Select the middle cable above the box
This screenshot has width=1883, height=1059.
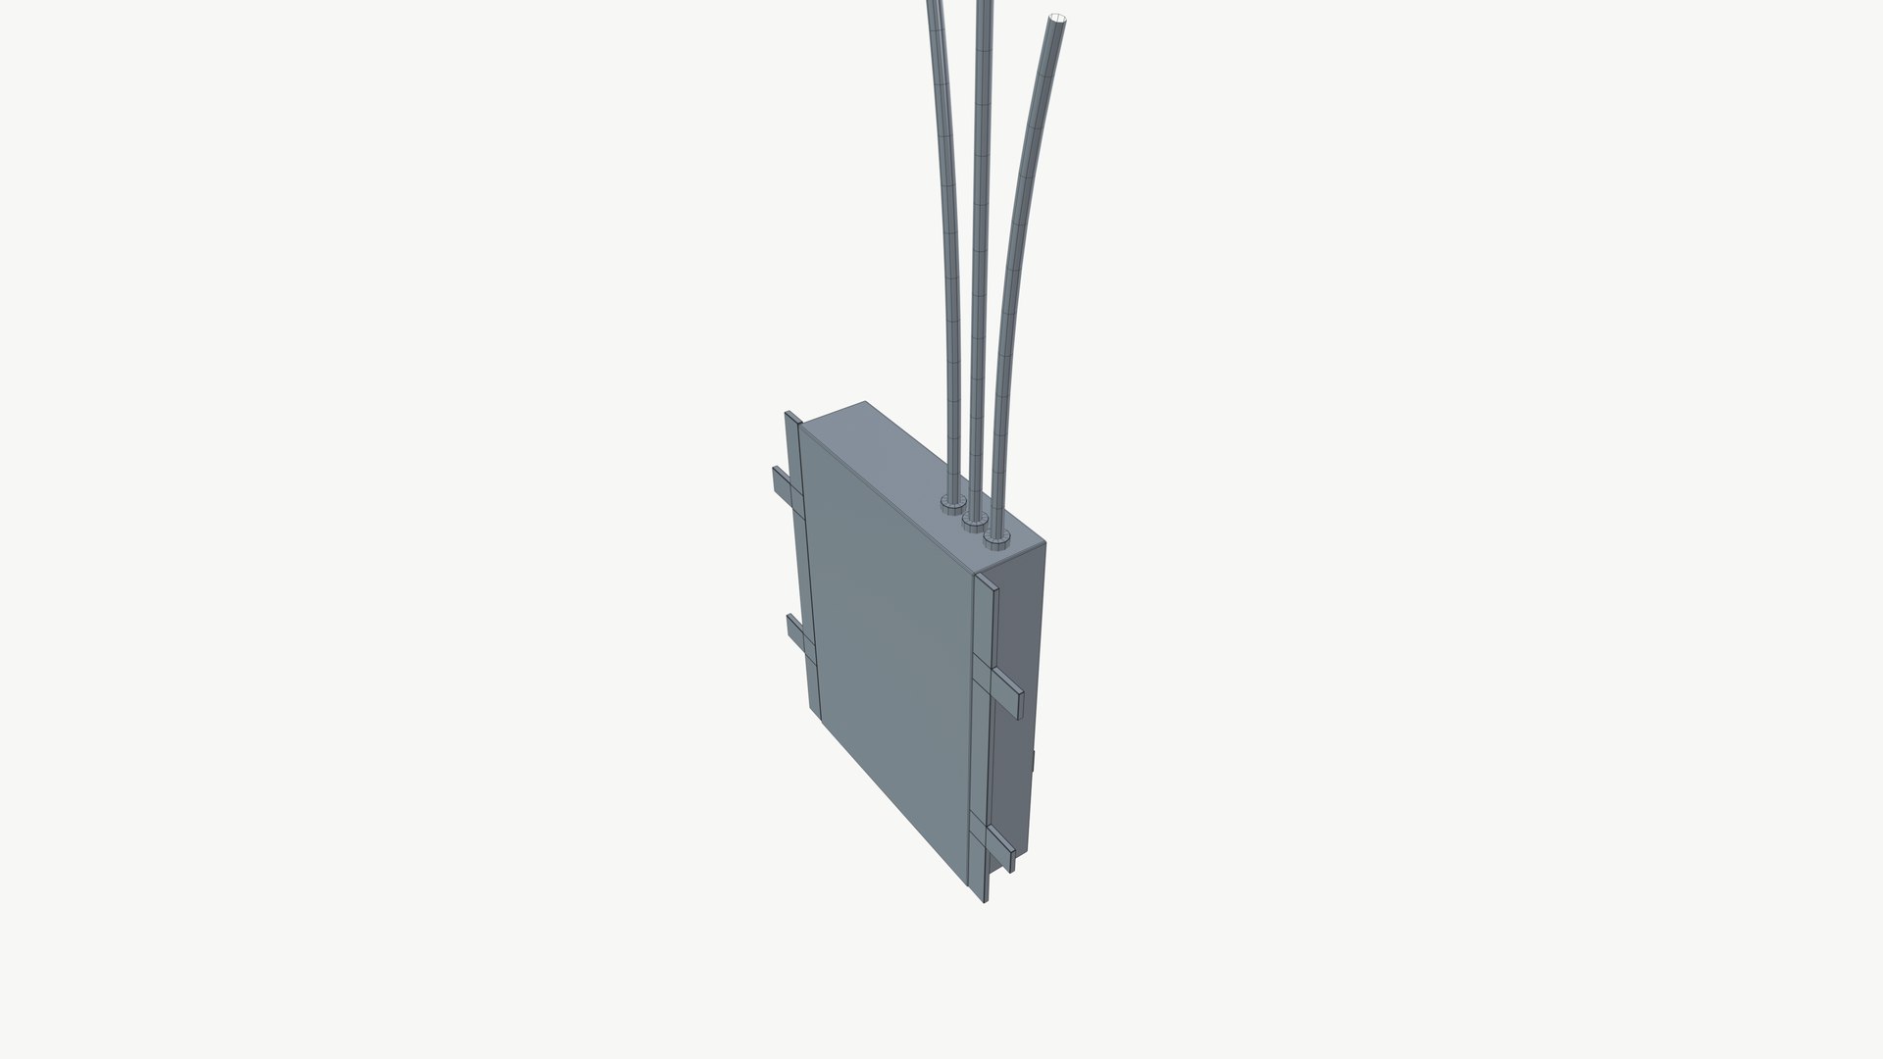click(979, 245)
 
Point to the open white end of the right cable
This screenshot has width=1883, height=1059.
click(1058, 18)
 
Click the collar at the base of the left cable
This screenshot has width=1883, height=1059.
click(950, 504)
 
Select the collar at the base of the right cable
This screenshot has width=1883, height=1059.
click(997, 538)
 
